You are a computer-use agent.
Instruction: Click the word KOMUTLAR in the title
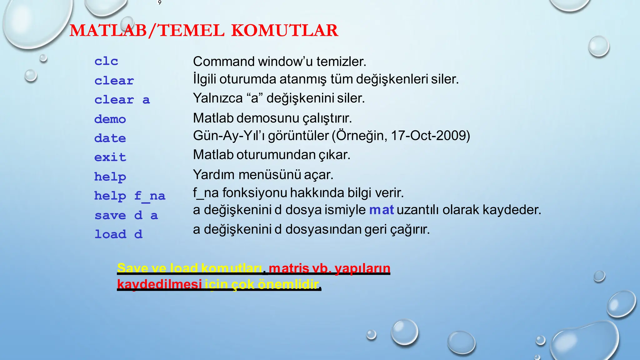285,31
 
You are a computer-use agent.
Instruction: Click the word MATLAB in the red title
108,31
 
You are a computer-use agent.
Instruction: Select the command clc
106,61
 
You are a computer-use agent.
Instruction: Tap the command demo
110,119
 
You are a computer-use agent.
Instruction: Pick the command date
110,138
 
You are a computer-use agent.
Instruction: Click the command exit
110,157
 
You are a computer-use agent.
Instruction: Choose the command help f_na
130,196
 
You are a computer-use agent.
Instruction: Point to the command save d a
126,215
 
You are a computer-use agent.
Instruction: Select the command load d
118,234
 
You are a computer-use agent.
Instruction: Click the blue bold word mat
381,210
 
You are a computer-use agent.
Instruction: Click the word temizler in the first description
341,62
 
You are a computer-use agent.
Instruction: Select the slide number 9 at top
160,3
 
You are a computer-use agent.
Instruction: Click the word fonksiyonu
254,193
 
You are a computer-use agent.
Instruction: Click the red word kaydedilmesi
159,284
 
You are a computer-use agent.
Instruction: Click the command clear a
122,100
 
